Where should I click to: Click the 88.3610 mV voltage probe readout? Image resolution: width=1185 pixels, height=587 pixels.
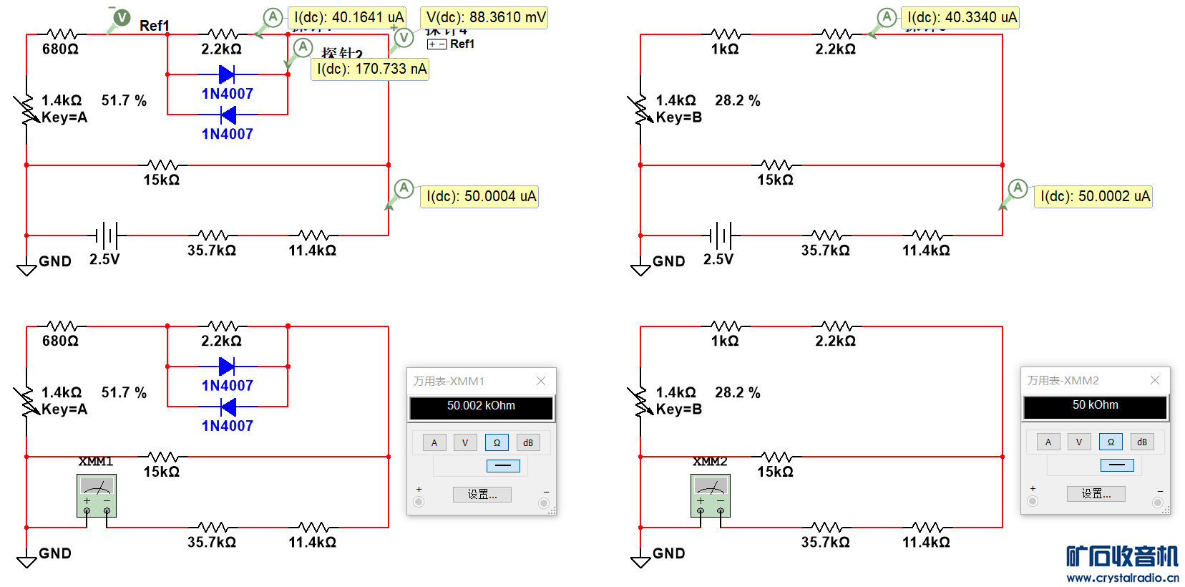pos(484,17)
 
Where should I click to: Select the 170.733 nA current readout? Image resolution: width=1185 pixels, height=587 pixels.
pos(371,69)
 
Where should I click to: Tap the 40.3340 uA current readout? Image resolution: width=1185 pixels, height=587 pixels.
pos(961,17)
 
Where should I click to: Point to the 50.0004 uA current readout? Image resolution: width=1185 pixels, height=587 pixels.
pos(480,196)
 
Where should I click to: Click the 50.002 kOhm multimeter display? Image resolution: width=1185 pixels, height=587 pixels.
pos(481,406)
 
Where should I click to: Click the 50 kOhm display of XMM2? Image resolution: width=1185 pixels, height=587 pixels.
pos(1095,405)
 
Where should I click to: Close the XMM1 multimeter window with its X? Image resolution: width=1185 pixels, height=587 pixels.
pos(541,381)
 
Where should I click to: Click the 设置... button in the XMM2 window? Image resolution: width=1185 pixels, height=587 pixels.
pos(1096,494)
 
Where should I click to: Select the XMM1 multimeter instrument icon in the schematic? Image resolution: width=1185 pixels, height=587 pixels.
pos(97,495)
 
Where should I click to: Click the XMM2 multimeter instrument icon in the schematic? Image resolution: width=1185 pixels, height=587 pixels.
pos(711,495)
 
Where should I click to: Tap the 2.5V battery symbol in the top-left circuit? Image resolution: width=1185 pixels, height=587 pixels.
pos(107,235)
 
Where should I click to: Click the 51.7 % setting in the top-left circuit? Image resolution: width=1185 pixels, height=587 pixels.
pos(124,101)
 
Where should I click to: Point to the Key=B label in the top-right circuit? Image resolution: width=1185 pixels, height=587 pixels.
pos(678,117)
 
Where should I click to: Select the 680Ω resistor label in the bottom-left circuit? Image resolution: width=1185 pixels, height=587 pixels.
pos(60,341)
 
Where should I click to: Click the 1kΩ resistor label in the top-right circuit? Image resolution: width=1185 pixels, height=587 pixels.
pos(724,49)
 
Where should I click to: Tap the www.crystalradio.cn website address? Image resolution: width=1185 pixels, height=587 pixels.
pos(1122,578)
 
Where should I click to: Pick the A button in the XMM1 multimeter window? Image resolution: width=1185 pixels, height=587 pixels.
pos(434,442)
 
